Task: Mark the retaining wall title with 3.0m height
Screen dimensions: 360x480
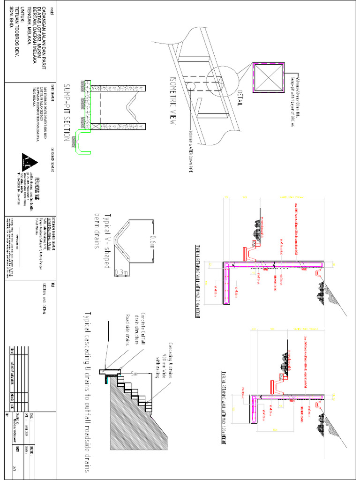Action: point(197,281)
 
